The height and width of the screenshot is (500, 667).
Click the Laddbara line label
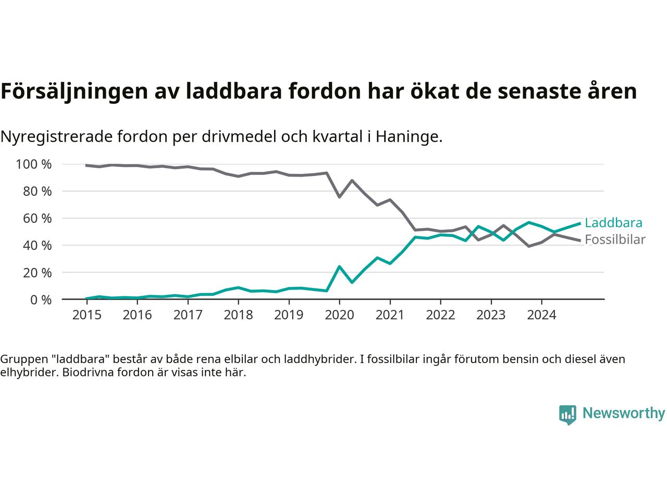point(613,223)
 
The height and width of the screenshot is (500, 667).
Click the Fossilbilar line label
point(615,240)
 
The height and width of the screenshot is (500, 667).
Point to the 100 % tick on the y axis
point(34,165)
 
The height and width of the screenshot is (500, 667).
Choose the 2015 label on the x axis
point(87,315)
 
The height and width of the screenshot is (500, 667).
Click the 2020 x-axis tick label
point(339,315)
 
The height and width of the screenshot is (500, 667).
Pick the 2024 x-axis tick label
point(541,315)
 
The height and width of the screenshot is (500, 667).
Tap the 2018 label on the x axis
point(238,315)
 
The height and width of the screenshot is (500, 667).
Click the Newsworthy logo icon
point(567,415)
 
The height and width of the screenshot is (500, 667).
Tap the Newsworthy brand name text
point(623,414)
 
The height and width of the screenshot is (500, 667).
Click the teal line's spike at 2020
point(339,267)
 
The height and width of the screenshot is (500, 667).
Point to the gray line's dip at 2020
point(339,197)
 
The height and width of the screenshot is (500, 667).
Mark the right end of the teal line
point(579,223)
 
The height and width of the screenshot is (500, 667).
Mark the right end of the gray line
point(579,241)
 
